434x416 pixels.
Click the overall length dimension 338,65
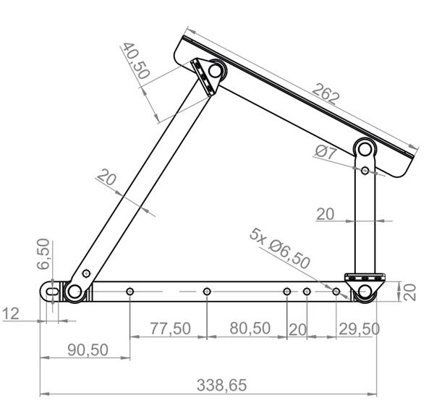(221, 385)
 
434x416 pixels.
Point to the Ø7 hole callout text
(326, 152)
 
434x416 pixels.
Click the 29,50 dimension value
(359, 328)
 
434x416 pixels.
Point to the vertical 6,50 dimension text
(43, 253)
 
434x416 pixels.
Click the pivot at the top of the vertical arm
(365, 150)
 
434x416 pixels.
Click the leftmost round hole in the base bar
(129, 291)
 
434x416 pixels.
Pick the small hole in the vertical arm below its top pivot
(365, 171)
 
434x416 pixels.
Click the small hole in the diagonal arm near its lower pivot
(87, 273)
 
